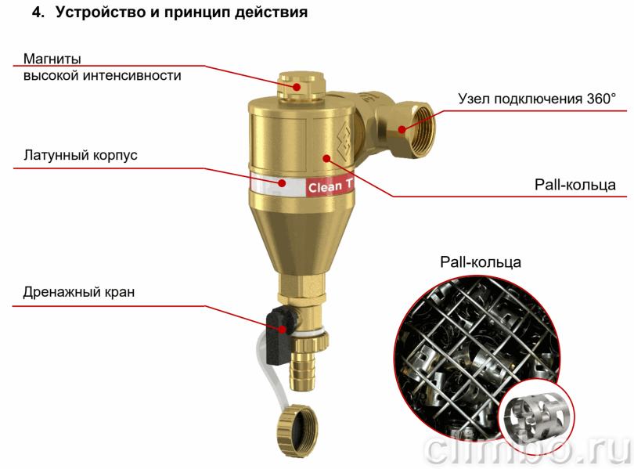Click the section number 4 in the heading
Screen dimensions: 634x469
38,13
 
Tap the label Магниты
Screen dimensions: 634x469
52,59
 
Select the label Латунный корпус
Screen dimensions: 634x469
81,155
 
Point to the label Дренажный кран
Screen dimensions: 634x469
79,292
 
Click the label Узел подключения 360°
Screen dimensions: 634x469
537,99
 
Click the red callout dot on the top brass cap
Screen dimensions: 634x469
297,87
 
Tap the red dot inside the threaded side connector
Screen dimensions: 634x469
402,129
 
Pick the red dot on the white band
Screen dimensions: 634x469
283,182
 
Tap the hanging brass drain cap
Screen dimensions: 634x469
297,430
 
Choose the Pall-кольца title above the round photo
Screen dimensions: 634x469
481,262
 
